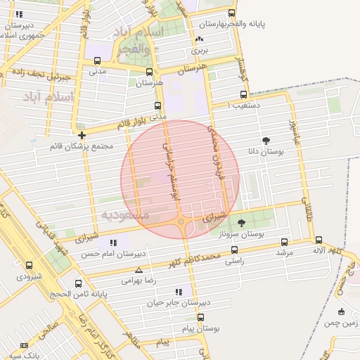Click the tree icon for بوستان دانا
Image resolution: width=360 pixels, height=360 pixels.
pyautogui.click(x=266, y=141)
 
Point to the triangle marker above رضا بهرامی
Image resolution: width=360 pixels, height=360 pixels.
pyautogui.click(x=139, y=270)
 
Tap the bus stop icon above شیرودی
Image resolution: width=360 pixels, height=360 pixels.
pyautogui.click(x=29, y=266)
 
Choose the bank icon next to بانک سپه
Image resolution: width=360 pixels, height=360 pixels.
pyautogui.click(x=25, y=346)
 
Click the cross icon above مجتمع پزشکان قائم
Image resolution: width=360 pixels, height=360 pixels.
pyautogui.click(x=82, y=135)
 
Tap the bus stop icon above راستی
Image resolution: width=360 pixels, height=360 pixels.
pyautogui.click(x=234, y=250)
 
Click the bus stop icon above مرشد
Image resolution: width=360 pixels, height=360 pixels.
pyautogui.click(x=284, y=241)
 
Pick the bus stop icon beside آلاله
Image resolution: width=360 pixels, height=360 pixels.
pyautogui.click(x=319, y=240)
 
